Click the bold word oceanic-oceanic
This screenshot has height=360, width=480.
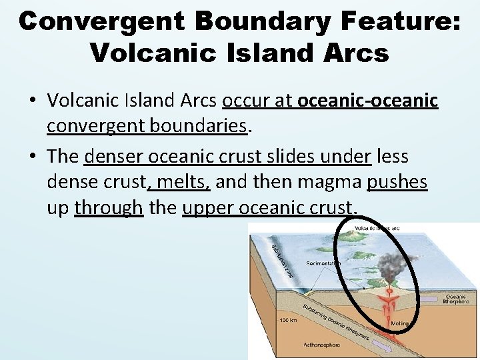point(368,101)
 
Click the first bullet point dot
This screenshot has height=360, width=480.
point(33,101)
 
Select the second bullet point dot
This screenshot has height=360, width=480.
point(33,157)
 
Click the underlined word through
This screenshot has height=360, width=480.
point(109,207)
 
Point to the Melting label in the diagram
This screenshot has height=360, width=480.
point(399,323)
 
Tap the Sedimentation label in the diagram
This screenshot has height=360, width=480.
point(324,263)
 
